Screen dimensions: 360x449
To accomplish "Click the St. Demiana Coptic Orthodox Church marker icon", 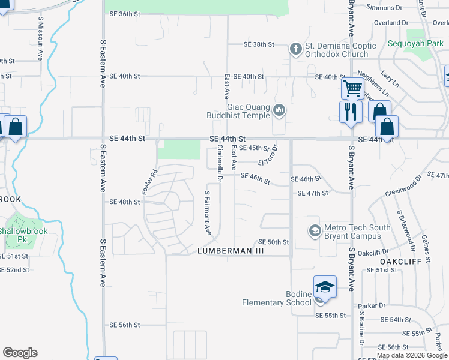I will [295, 48].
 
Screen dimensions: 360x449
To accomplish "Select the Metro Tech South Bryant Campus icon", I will [314, 230].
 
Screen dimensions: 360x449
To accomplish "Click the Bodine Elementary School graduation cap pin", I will [325, 287].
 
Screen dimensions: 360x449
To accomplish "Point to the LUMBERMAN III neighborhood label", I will [231, 251].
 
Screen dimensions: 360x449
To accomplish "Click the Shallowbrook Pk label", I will [24, 235].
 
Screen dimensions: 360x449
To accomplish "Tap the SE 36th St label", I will [124, 14].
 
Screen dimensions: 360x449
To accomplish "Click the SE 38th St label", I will [259, 45].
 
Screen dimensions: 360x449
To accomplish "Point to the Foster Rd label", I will [149, 182].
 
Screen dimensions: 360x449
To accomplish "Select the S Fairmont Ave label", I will [208, 212].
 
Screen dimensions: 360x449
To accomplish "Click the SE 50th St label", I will [274, 242].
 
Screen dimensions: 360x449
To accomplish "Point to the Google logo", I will [20, 353].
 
